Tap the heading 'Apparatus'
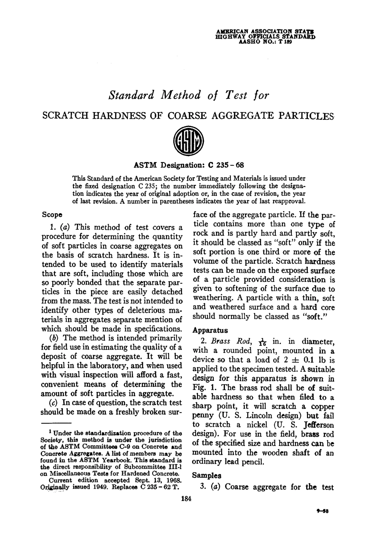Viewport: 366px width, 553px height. tap(210, 330)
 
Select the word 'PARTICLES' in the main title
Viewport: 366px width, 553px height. tap(303, 115)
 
